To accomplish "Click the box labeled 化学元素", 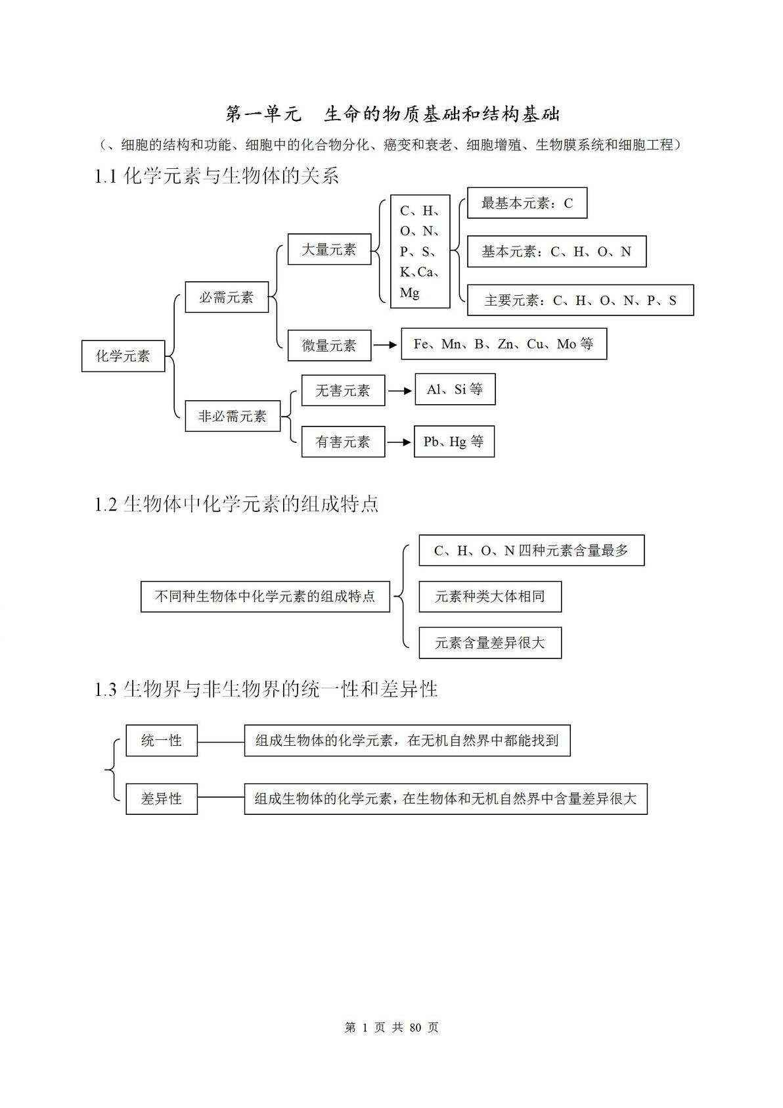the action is click(123, 356).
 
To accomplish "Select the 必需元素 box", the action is click(227, 297).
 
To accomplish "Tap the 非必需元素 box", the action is click(233, 416).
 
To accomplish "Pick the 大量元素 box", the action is click(329, 249).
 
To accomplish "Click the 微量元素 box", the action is click(329, 345).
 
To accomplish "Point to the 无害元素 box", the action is click(343, 391).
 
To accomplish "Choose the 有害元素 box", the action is click(343, 442).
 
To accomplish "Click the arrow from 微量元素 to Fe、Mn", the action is click(385, 345).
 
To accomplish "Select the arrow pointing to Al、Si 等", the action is click(400, 391).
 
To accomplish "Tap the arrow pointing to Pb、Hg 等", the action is click(399, 442).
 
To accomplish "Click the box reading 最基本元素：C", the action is click(527, 203).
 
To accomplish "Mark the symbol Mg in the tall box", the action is click(410, 292).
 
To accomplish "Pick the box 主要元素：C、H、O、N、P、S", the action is click(580, 300).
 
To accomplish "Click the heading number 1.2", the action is click(105, 505).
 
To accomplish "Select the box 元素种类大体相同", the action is click(491, 597).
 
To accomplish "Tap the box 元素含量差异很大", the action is click(491, 643).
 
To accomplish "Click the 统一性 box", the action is click(162, 741).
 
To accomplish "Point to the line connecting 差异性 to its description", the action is click(221, 797).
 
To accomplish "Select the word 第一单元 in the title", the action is click(263, 114).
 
